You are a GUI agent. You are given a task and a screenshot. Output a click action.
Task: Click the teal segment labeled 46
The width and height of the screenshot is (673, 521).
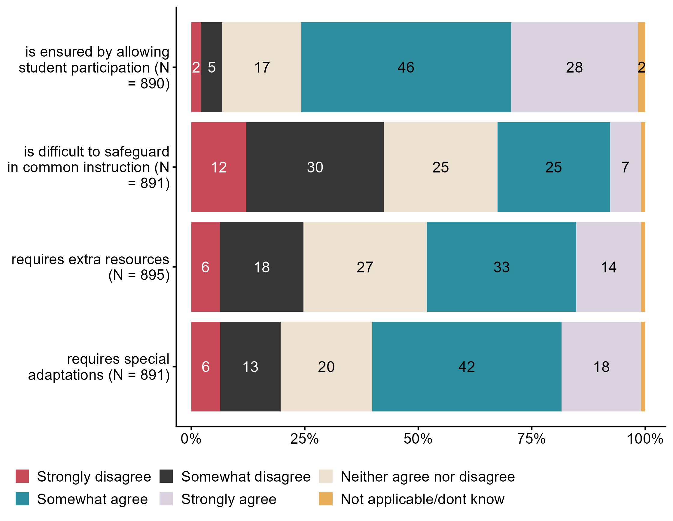pos(406,67)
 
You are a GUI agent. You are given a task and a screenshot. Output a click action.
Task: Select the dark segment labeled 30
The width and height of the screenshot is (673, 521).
pos(315,167)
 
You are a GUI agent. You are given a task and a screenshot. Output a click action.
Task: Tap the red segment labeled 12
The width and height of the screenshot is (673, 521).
pos(219,167)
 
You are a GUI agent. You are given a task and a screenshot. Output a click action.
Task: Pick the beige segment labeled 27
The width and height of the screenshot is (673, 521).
pos(365,267)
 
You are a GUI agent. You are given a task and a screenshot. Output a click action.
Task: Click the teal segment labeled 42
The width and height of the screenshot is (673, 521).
pos(467,366)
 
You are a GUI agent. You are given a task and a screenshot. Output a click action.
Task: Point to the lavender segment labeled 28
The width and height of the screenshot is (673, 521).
pos(574,67)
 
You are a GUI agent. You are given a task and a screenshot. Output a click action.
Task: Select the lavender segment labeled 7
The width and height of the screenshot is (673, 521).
pos(625,167)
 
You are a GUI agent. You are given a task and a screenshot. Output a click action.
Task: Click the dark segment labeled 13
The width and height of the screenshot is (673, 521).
pos(250,366)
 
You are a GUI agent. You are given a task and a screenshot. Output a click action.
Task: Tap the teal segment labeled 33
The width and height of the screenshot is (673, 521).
pos(501,267)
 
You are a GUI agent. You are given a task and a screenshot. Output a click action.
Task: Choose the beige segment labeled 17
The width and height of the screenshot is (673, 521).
pos(262,67)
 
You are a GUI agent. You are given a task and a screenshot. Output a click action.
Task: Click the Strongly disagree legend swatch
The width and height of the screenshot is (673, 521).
pos(22,476)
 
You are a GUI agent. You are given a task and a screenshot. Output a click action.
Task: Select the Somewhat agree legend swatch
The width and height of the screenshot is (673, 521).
pos(22,499)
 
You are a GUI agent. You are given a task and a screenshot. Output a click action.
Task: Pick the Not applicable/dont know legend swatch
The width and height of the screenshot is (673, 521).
pos(326,499)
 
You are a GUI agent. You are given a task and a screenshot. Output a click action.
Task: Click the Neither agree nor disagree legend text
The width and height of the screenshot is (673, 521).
pos(428,476)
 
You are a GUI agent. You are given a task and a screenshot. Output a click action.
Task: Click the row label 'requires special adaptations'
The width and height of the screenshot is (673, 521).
pos(99,367)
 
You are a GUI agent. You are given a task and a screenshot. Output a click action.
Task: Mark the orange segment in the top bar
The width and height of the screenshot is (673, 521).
pos(641,67)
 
